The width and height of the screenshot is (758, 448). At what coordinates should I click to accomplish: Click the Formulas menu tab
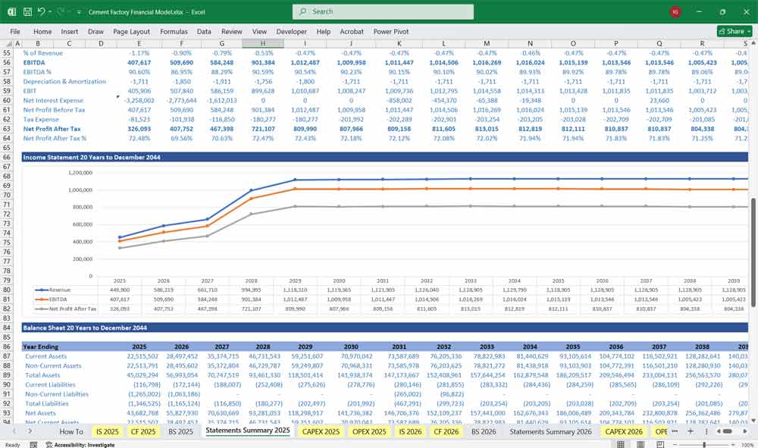coord(174,32)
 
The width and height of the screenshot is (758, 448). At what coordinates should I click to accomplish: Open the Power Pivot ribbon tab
coord(390,32)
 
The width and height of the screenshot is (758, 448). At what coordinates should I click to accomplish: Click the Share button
coord(731,32)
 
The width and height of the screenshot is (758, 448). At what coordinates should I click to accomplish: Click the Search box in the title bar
coord(383,12)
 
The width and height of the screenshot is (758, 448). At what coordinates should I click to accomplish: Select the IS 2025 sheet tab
coord(107,431)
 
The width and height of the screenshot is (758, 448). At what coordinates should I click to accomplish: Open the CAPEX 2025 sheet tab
coord(321,431)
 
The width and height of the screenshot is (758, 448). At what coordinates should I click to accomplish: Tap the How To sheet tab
coord(71,431)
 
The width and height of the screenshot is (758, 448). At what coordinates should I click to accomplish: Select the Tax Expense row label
coord(42,119)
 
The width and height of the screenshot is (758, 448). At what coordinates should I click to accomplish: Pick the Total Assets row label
coord(44,375)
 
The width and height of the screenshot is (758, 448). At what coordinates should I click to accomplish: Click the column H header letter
coord(263,43)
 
